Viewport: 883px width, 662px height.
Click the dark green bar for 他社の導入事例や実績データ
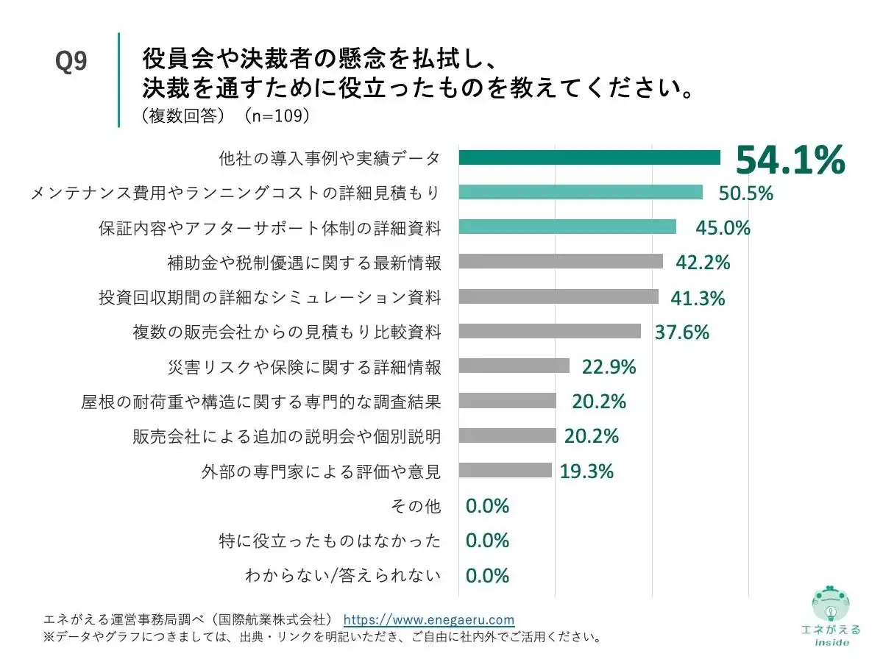point(589,157)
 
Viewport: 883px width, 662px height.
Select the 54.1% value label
point(790,160)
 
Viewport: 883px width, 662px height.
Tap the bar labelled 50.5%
point(580,193)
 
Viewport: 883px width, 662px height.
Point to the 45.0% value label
point(723,228)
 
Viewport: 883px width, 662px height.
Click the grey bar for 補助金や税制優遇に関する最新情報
point(560,262)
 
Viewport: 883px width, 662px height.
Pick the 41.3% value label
point(698,298)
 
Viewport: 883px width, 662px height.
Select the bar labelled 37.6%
point(549,332)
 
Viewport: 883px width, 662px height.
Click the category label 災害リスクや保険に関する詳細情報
point(305,366)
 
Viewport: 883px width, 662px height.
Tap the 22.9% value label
point(609,366)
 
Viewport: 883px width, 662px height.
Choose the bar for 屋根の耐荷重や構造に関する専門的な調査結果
point(507,401)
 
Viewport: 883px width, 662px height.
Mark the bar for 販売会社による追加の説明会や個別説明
point(507,435)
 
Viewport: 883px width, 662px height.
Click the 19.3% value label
point(586,471)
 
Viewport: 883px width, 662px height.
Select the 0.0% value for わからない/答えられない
point(487,575)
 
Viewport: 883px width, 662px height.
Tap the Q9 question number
point(71,63)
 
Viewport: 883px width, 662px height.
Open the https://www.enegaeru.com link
point(429,619)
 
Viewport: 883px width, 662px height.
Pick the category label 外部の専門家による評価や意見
point(321,471)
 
